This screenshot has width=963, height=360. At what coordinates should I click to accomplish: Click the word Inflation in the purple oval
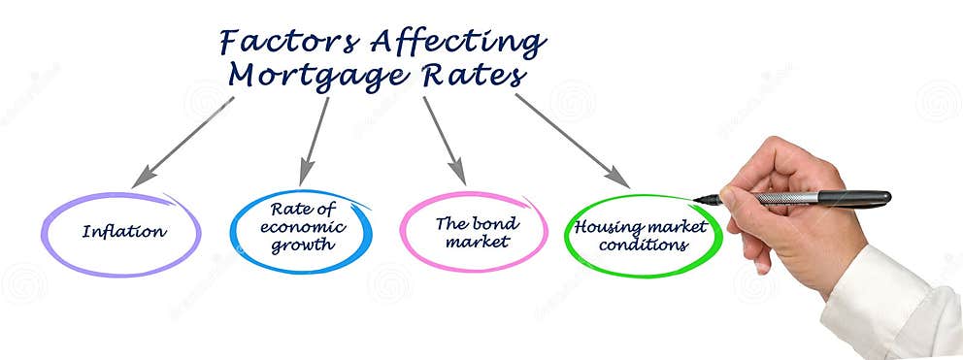click(124, 232)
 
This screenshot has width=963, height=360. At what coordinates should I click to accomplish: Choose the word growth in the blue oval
click(302, 245)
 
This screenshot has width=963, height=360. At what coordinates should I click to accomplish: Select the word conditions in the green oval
click(643, 245)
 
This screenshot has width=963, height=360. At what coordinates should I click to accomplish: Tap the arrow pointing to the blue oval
click(315, 140)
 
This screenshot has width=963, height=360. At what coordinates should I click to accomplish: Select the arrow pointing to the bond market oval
click(444, 140)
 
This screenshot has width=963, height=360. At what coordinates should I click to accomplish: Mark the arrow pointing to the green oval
click(572, 139)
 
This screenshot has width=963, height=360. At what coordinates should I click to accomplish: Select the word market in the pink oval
click(477, 242)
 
